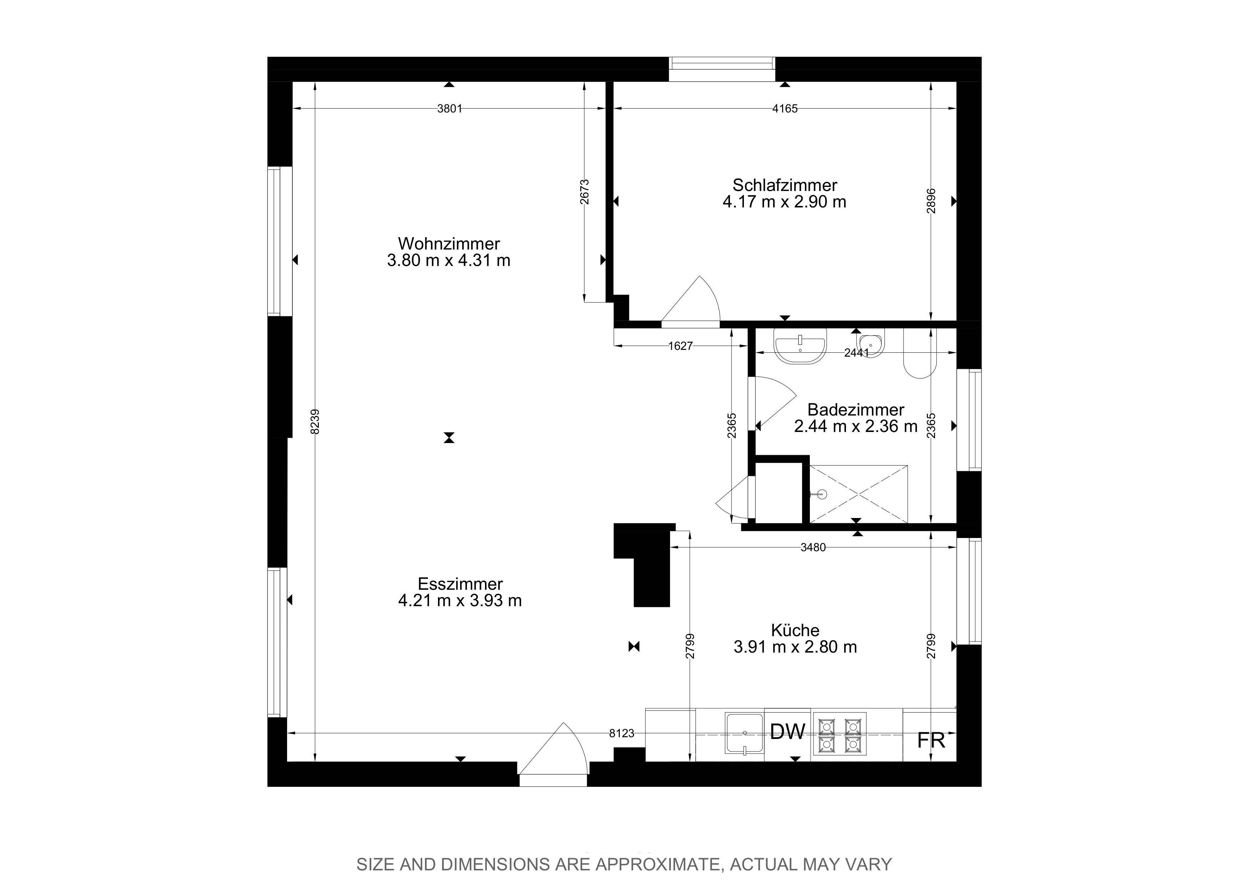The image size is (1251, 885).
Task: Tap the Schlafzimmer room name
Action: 785,185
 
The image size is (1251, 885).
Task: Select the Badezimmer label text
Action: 856,409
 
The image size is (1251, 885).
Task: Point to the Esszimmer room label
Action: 460,584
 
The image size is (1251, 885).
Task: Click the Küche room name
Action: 795,630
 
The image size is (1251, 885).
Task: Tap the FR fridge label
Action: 931,740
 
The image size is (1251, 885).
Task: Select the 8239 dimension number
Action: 315,422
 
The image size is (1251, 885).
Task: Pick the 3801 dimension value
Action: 449,109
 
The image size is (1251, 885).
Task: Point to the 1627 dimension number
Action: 680,346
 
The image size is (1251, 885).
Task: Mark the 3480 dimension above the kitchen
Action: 813,548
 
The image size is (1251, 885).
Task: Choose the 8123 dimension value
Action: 622,733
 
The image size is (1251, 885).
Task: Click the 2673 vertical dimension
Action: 584,192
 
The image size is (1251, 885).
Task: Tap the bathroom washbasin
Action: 800,346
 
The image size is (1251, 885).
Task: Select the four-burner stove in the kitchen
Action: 839,734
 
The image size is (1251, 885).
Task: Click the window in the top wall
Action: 722,69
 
